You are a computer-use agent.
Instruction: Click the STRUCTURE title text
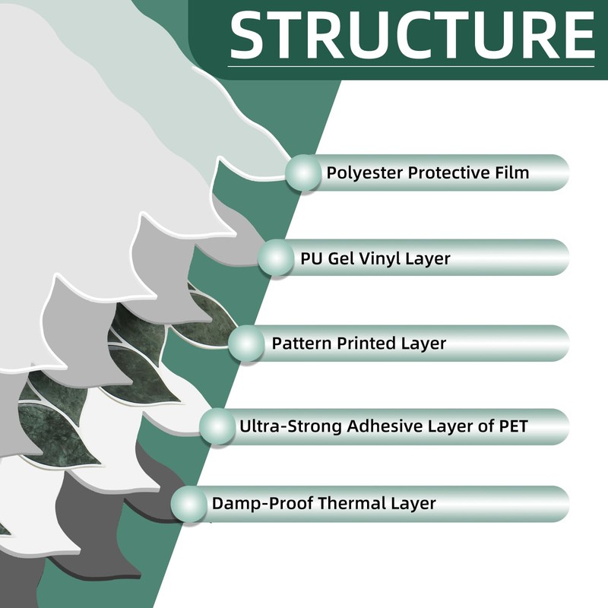pyautogui.click(x=411, y=33)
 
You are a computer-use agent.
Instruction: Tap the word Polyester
pyautogui.click(x=364, y=173)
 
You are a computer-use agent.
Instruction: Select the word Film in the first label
pyautogui.click(x=509, y=173)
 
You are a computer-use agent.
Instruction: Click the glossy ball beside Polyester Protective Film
pyautogui.click(x=303, y=173)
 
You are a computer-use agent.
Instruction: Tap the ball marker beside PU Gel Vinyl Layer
pyautogui.click(x=276, y=258)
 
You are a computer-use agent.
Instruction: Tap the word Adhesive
pyautogui.click(x=383, y=426)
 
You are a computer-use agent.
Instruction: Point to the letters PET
pyautogui.click(x=509, y=426)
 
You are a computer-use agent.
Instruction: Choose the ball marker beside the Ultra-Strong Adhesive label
pyautogui.click(x=217, y=426)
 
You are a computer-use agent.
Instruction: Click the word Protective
pyautogui.click(x=444, y=173)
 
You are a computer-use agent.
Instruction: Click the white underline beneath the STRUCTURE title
pyautogui.click(x=410, y=68)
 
